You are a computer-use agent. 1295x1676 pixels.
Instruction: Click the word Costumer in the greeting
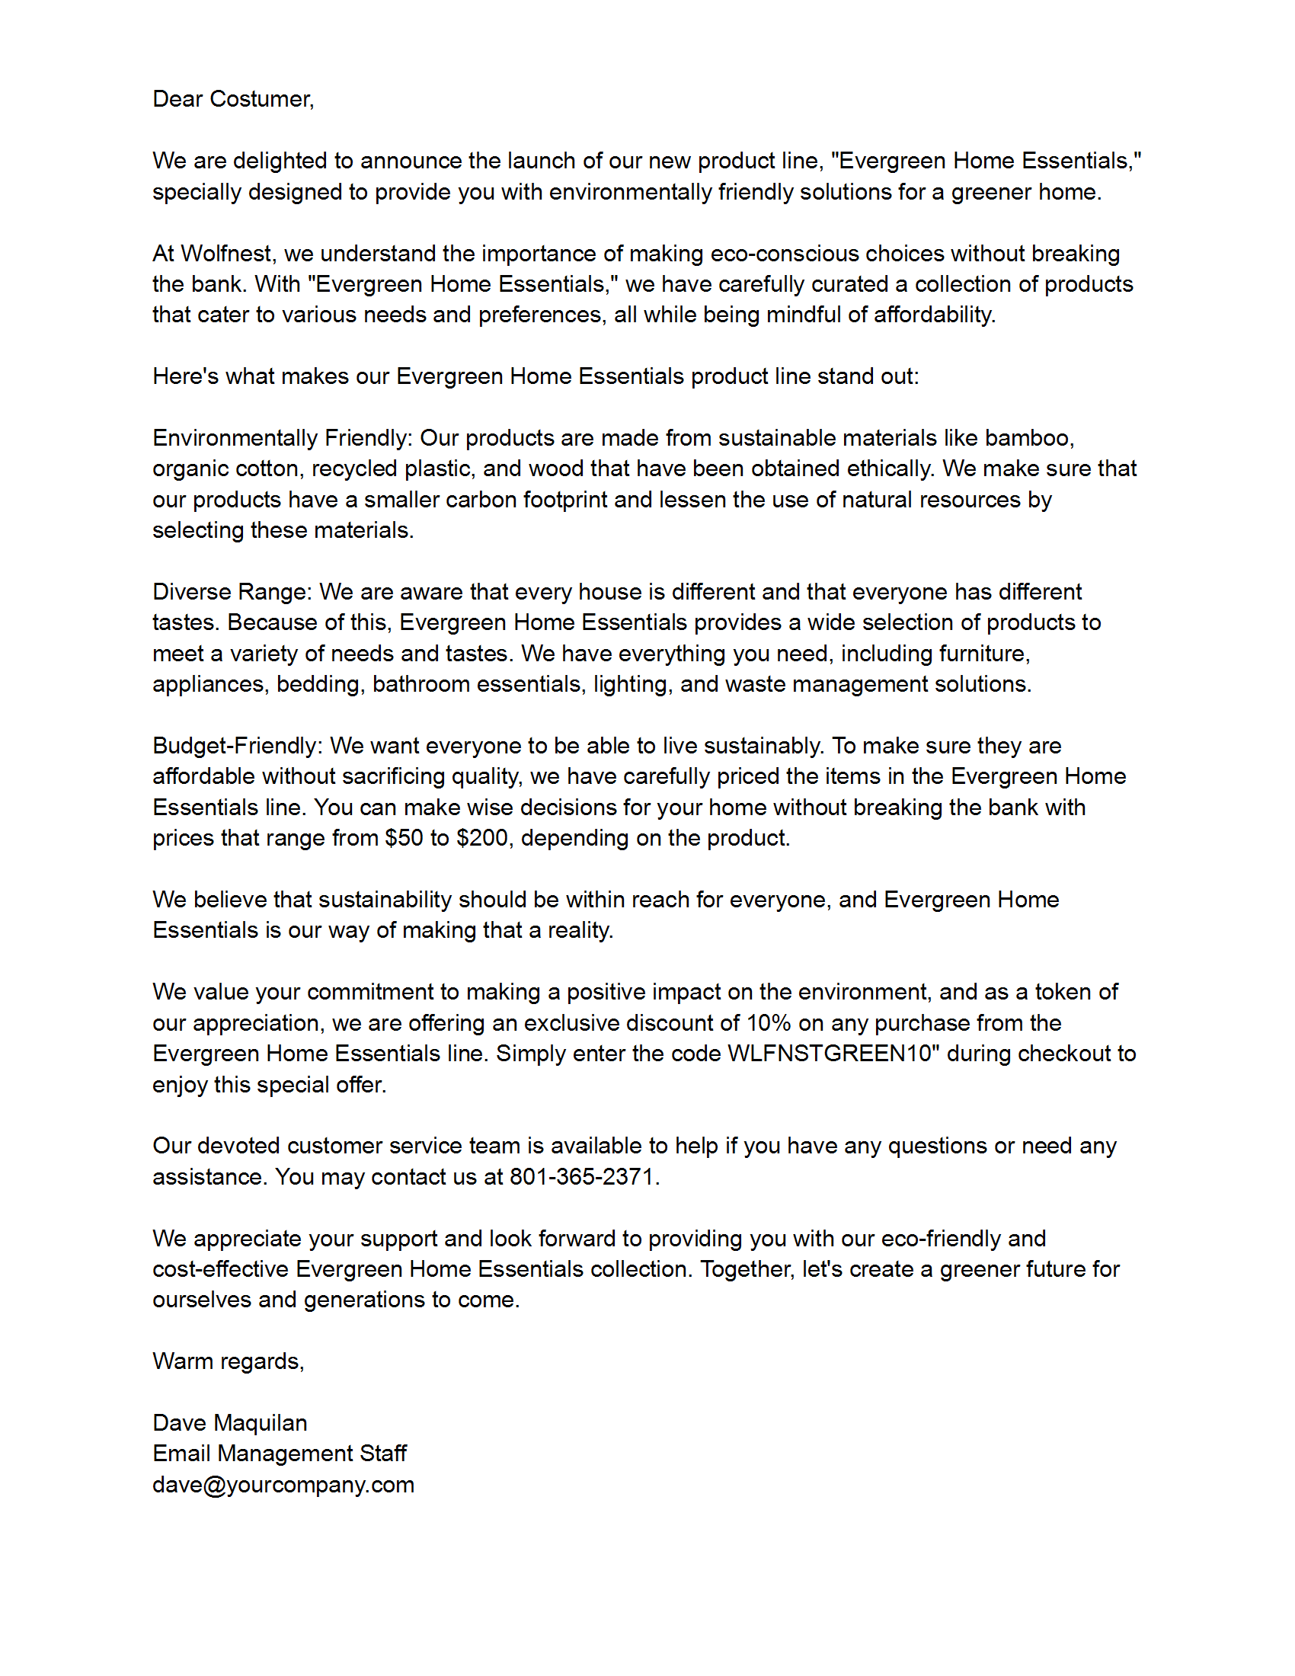pyautogui.click(x=261, y=99)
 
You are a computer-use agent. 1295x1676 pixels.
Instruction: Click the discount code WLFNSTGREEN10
pyautogui.click(x=830, y=1054)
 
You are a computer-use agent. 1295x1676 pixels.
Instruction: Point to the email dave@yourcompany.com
pyautogui.click(x=283, y=1484)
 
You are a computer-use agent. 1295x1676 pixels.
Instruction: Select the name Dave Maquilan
pyautogui.click(x=229, y=1423)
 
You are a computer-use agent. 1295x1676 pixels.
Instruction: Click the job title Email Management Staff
pyautogui.click(x=280, y=1454)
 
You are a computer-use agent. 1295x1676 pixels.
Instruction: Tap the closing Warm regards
pyautogui.click(x=228, y=1361)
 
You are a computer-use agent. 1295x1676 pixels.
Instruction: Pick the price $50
pyautogui.click(x=404, y=838)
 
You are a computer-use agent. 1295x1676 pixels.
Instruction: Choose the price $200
pyautogui.click(x=482, y=838)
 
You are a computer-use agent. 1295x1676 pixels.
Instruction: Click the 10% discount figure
pyautogui.click(x=769, y=1023)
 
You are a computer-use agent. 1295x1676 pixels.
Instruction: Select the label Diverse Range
pyautogui.click(x=231, y=592)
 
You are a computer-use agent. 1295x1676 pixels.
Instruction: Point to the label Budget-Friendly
pyautogui.click(x=237, y=746)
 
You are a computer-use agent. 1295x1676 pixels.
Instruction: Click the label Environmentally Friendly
pyautogui.click(x=282, y=438)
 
